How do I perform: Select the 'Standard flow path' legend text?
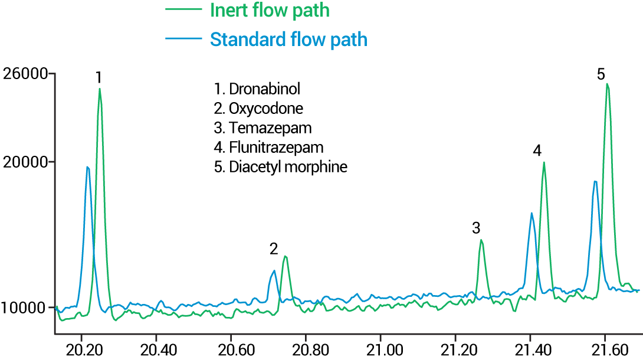(288, 40)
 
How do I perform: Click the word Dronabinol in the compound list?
(265, 90)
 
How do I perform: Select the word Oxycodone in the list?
(266, 109)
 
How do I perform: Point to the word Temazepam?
(270, 128)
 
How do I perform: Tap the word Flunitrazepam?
(276, 147)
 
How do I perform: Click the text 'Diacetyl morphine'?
(288, 167)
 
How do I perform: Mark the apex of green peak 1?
(100, 89)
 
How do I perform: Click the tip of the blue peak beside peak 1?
(87, 167)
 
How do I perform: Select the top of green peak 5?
(607, 84)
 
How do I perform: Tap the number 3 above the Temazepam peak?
(476, 228)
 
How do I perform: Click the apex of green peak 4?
(544, 162)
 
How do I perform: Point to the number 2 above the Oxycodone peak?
(274, 248)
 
